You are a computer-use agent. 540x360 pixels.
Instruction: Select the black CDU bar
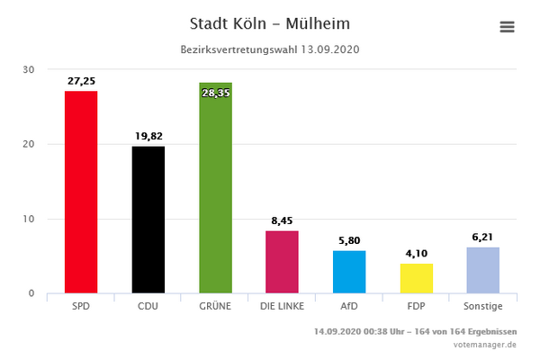coord(148,220)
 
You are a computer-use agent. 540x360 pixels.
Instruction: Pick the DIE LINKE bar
coord(282,262)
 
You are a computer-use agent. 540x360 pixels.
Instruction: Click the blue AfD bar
coord(349,272)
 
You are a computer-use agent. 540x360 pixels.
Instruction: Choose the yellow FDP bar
coord(416,278)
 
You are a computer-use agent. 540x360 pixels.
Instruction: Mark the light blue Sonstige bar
coord(482,270)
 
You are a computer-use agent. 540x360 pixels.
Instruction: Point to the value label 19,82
coord(148,136)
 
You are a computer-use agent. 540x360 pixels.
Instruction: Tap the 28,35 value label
coord(215,92)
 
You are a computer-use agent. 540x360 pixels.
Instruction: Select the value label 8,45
coord(282,220)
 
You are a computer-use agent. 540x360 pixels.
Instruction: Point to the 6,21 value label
coord(482,237)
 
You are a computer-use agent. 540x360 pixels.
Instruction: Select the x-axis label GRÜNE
coord(215,306)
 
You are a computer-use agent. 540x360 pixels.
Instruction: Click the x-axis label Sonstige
coord(482,306)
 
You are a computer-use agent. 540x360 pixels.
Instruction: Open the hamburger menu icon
coord(507,27)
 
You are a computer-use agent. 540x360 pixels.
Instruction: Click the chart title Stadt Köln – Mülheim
coord(271,22)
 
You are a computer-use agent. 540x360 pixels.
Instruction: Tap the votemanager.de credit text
coord(485,344)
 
